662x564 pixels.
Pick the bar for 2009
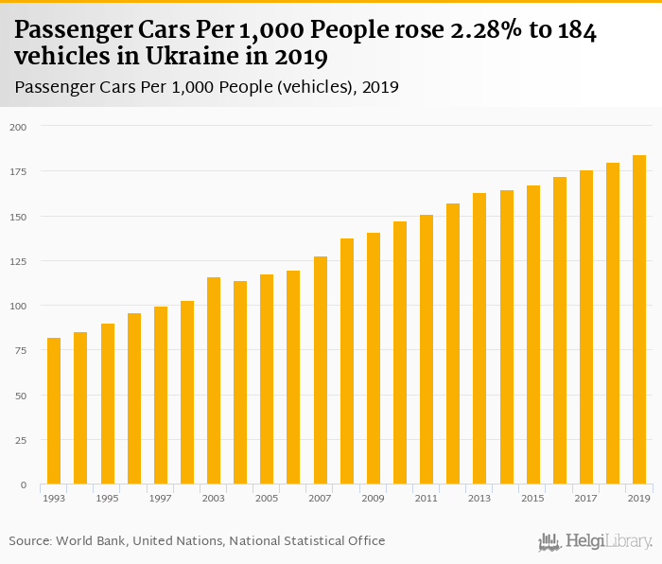pyautogui.click(x=374, y=359)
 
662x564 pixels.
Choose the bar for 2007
pyautogui.click(x=320, y=371)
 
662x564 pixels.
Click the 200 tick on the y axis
pyautogui.click(x=19, y=127)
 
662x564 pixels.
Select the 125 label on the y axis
pyautogui.click(x=19, y=261)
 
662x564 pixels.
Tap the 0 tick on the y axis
pyautogui.click(x=24, y=485)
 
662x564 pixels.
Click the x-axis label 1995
pyautogui.click(x=107, y=498)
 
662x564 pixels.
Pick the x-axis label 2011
pyautogui.click(x=427, y=498)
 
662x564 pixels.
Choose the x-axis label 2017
pyautogui.click(x=586, y=498)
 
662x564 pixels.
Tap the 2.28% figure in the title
pyautogui.click(x=493, y=30)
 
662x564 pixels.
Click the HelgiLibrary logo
pyautogui.click(x=596, y=541)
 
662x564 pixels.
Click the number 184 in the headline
pyautogui.click(x=578, y=30)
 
